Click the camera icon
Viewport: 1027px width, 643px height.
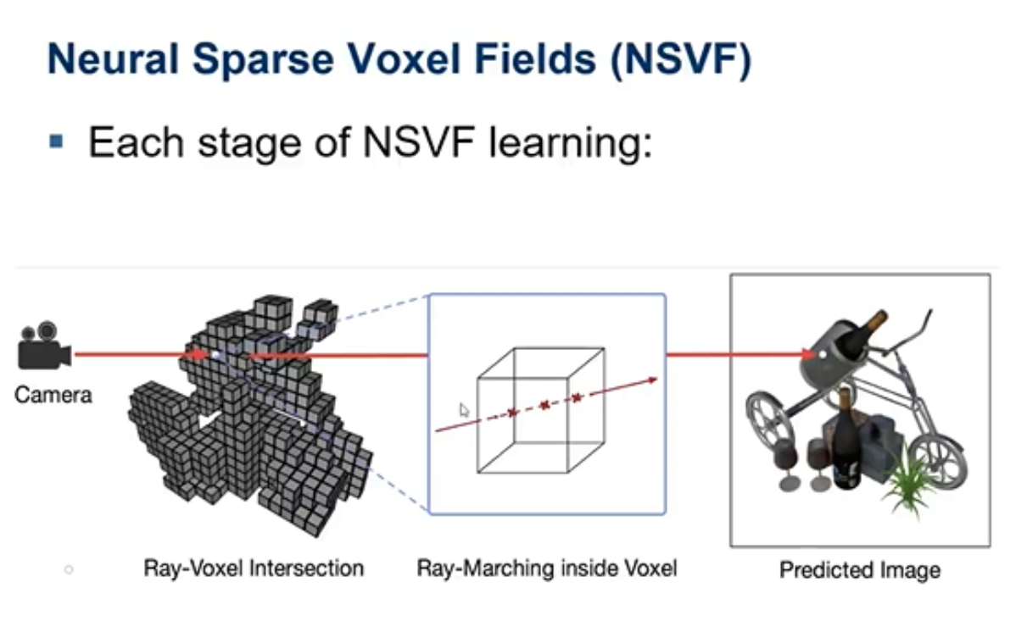click(x=44, y=346)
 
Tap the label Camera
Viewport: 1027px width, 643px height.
click(x=53, y=395)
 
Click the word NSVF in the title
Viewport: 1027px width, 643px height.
click(x=681, y=59)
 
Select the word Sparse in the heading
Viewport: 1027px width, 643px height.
click(x=263, y=60)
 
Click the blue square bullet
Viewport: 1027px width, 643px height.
click(x=56, y=141)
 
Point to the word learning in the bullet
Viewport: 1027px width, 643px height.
click(x=571, y=144)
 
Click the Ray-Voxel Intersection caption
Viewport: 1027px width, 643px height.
click(x=254, y=568)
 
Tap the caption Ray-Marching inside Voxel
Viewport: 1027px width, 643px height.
click(x=546, y=568)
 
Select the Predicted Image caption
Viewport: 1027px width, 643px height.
click(x=860, y=571)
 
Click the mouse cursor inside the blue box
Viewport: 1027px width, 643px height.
click(x=465, y=410)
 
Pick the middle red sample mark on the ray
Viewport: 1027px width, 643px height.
click(x=544, y=405)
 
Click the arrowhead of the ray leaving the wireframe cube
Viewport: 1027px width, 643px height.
click(x=652, y=380)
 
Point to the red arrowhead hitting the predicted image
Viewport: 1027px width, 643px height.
click(x=808, y=354)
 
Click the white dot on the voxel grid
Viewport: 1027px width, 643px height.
click(x=215, y=355)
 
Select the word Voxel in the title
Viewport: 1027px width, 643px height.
click(x=404, y=59)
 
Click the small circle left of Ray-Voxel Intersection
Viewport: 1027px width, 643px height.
click(x=69, y=570)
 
